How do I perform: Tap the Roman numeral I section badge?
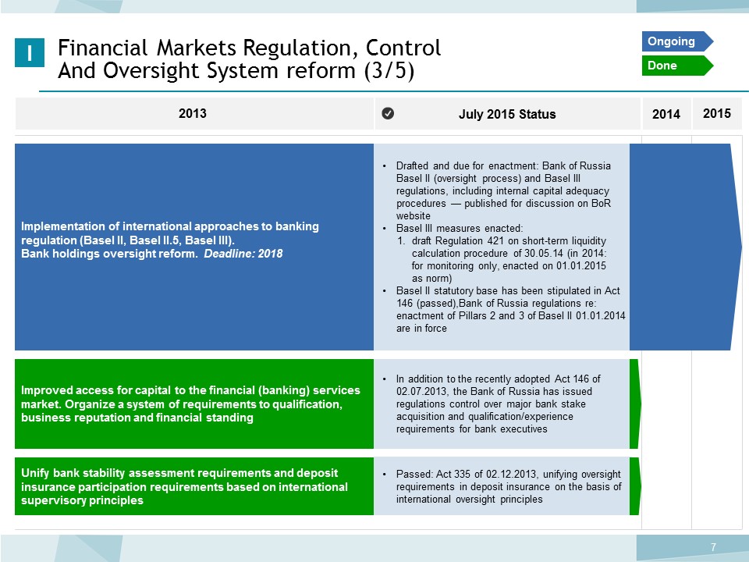[30, 52]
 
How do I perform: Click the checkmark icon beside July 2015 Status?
[388, 113]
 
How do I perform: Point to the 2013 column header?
[193, 113]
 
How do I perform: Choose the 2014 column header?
[666, 114]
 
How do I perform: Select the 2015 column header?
[717, 113]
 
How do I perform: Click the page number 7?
[714, 547]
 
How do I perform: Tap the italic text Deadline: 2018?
[243, 253]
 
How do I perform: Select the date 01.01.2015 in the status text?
[580, 265]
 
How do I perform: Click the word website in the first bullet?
[414, 216]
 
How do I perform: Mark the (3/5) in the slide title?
[389, 70]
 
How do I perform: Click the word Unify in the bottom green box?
[35, 473]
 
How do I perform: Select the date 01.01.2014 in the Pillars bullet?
[601, 316]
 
